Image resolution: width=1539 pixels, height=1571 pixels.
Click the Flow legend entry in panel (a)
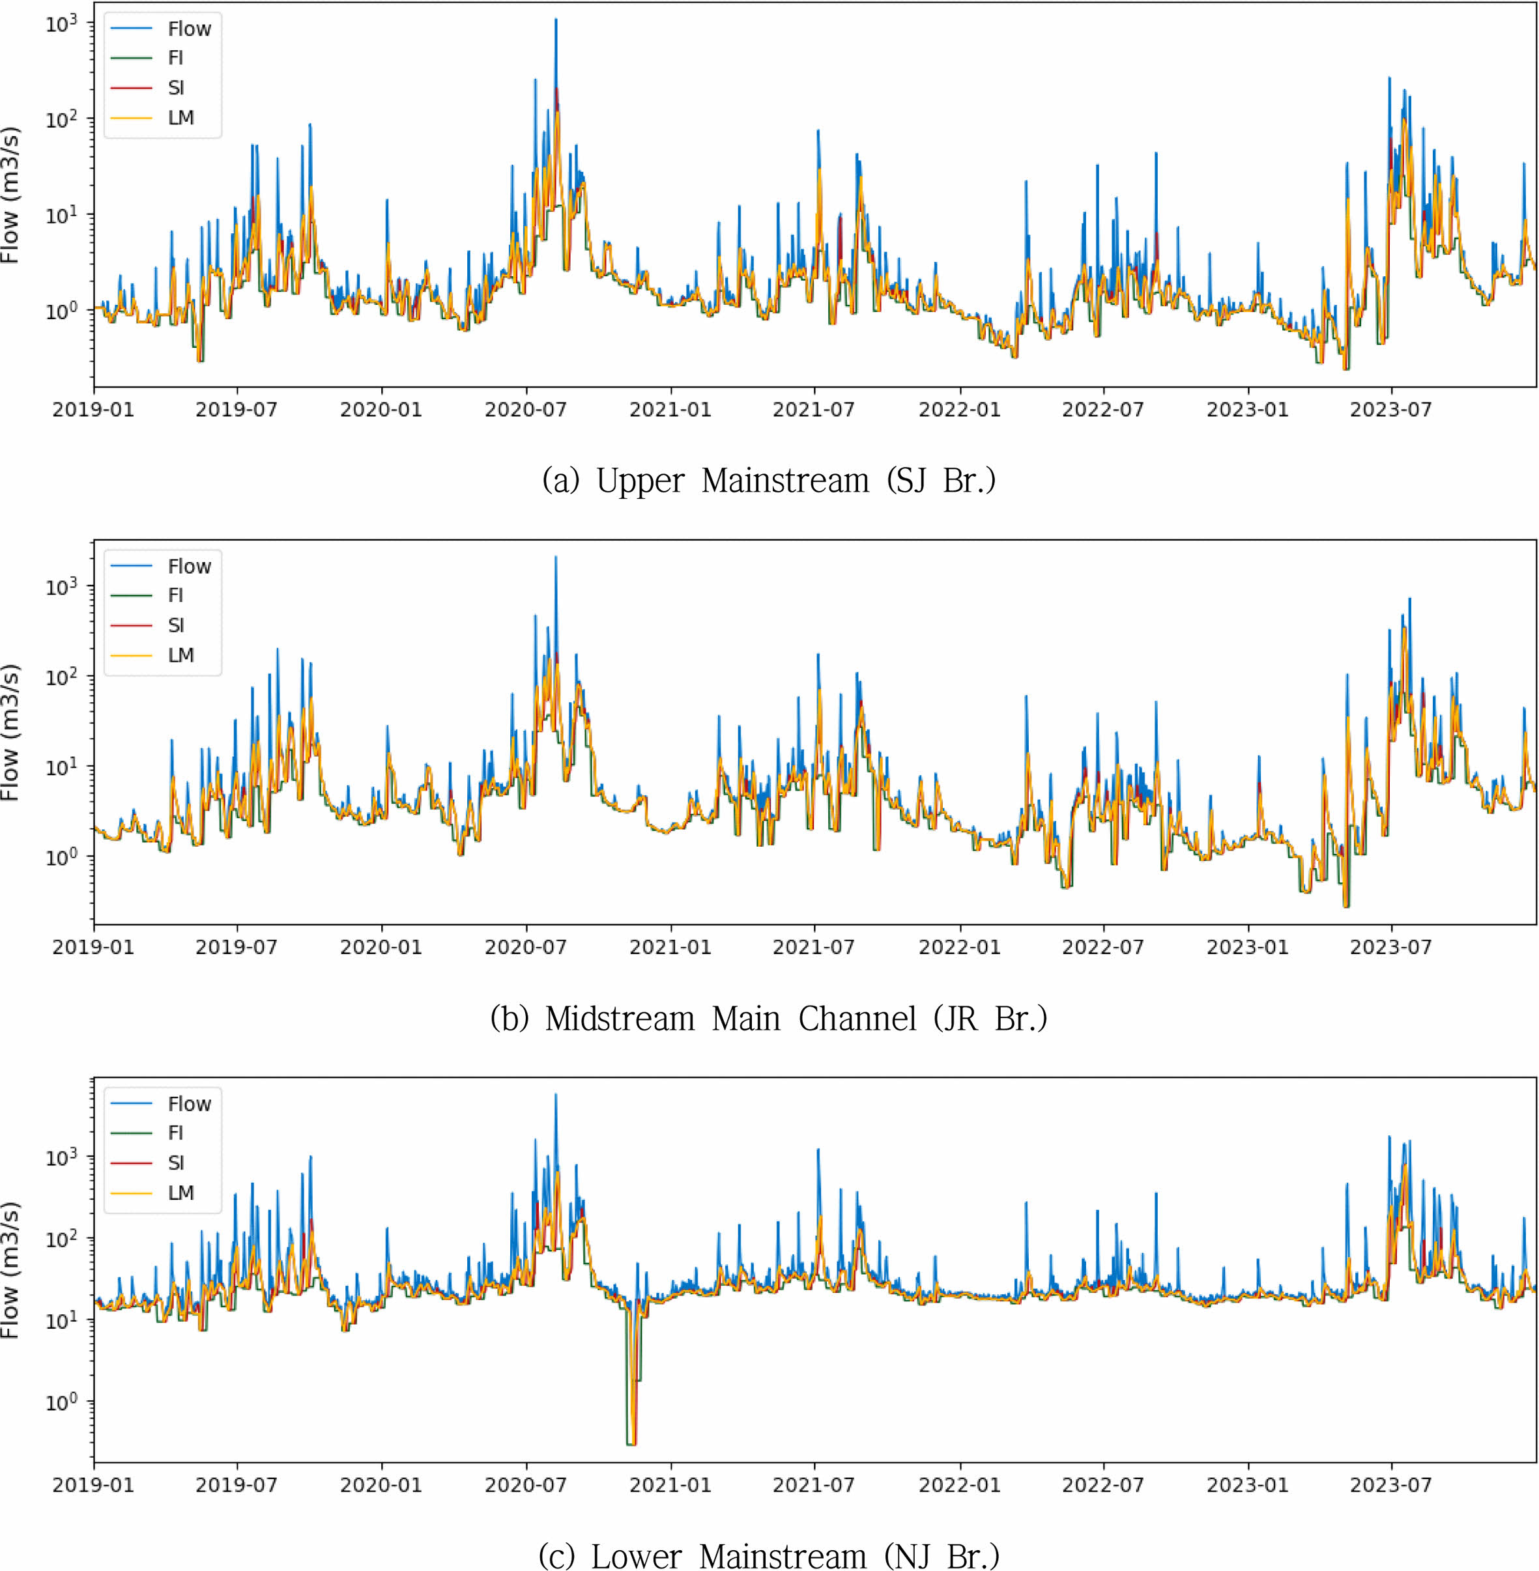point(188,29)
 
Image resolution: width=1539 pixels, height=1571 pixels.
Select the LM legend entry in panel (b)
point(180,655)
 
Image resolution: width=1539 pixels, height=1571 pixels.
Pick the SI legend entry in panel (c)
point(175,1163)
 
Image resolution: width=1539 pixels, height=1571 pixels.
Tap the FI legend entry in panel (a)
point(175,58)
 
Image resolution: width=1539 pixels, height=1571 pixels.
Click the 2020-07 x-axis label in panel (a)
point(525,410)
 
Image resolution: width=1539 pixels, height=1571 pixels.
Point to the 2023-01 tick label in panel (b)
point(1247,947)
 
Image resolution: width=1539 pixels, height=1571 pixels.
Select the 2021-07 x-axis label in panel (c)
point(813,1484)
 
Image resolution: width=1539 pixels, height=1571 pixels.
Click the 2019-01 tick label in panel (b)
point(93,947)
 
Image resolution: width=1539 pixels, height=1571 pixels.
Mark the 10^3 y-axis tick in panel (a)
point(61,24)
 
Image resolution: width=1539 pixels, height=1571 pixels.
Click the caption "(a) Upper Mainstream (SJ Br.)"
point(769,481)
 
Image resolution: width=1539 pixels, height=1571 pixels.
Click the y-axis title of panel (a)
point(10,195)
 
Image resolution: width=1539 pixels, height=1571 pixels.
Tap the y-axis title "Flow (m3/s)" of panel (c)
point(10,1269)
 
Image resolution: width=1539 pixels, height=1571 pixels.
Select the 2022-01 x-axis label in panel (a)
point(960,410)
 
